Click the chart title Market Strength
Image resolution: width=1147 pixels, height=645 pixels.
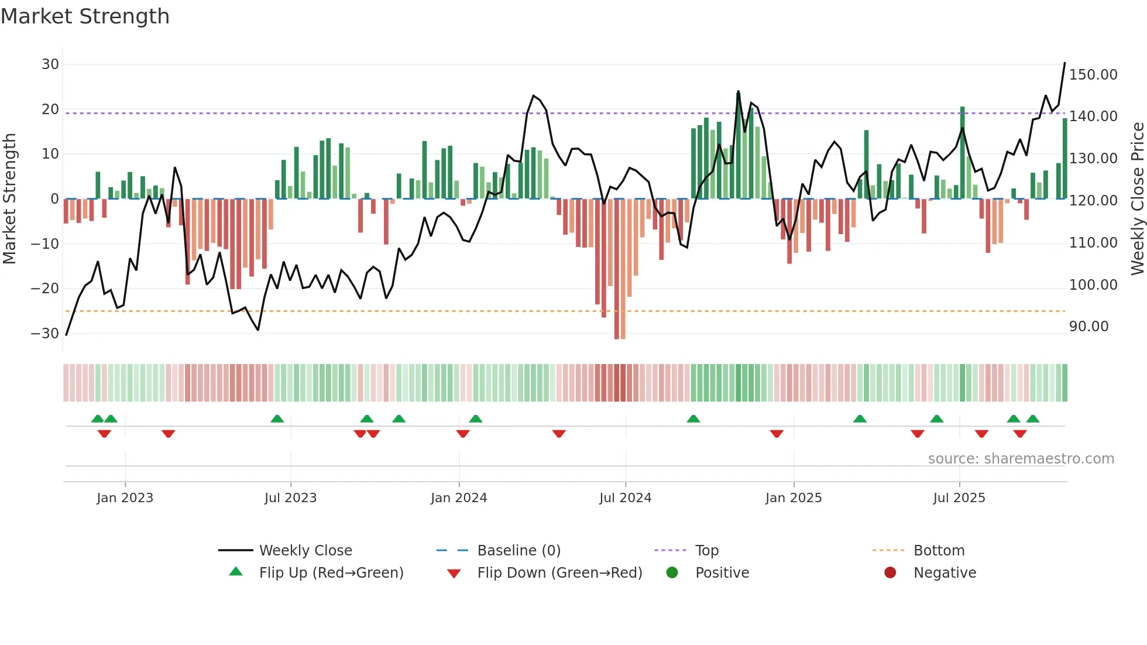85,16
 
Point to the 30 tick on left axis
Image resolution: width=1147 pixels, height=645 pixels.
50,64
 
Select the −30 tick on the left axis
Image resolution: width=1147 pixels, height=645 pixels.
45,334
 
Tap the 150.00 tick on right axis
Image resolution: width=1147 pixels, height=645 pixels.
1093,75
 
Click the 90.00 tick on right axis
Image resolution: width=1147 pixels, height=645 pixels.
1088,327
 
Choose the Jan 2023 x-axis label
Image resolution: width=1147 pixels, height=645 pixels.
125,498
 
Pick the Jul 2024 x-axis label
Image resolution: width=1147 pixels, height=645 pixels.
625,498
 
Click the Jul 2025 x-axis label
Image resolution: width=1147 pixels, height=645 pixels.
959,498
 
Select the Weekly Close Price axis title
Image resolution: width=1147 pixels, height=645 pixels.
1137,199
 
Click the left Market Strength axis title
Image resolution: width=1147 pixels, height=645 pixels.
9,199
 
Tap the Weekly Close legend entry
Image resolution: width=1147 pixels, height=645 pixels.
305,551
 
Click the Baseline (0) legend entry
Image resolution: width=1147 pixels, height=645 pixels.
518,551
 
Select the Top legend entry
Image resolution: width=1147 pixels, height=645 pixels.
706,551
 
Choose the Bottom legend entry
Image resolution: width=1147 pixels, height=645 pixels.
939,551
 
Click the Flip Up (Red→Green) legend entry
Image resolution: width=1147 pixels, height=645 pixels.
331,573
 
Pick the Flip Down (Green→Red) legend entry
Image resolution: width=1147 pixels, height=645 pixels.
559,573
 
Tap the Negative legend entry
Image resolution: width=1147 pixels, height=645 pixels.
945,573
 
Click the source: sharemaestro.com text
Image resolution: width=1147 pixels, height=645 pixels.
1021,459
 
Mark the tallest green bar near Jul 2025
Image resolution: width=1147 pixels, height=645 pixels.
962,152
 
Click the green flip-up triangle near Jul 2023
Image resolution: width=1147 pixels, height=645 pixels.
277,419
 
